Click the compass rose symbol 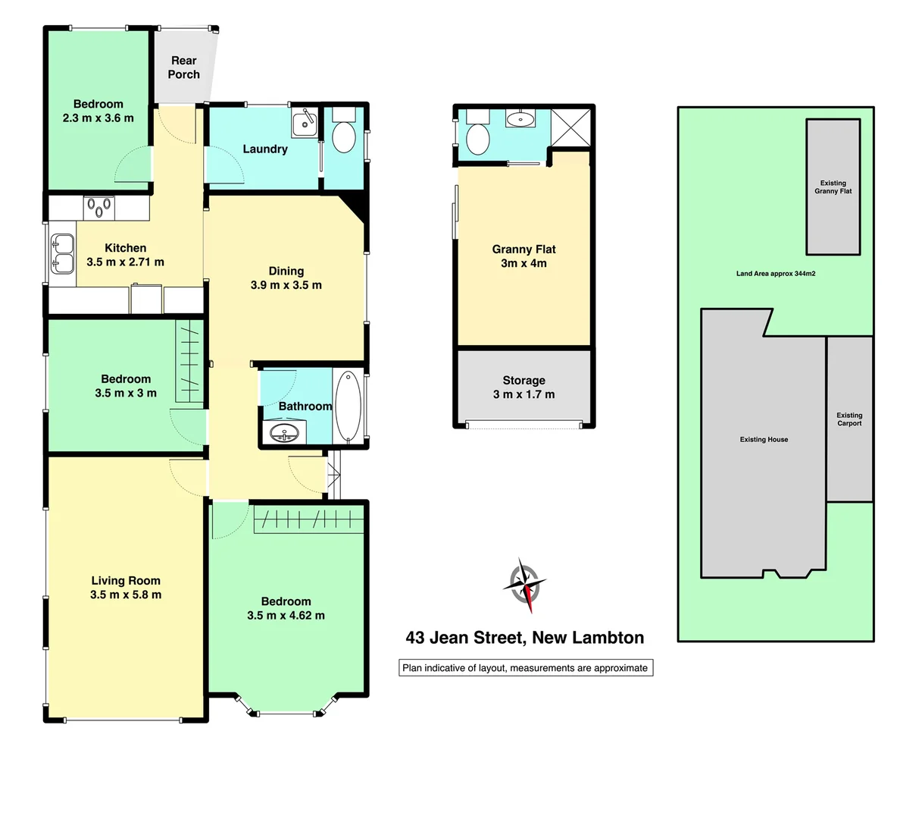tap(524, 585)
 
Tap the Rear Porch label tap(183, 67)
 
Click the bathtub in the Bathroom tap(348, 406)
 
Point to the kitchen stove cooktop tap(98, 207)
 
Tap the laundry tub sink tap(305, 123)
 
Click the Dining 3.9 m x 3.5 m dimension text tap(286, 285)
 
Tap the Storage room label tap(524, 381)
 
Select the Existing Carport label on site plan tap(849, 419)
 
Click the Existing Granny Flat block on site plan tap(833, 187)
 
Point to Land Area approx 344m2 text tap(775, 274)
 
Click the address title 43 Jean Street tap(524, 638)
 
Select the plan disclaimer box tap(526, 668)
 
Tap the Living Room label tap(126, 581)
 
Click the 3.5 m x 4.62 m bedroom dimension tap(286, 616)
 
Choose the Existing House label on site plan tap(764, 440)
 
